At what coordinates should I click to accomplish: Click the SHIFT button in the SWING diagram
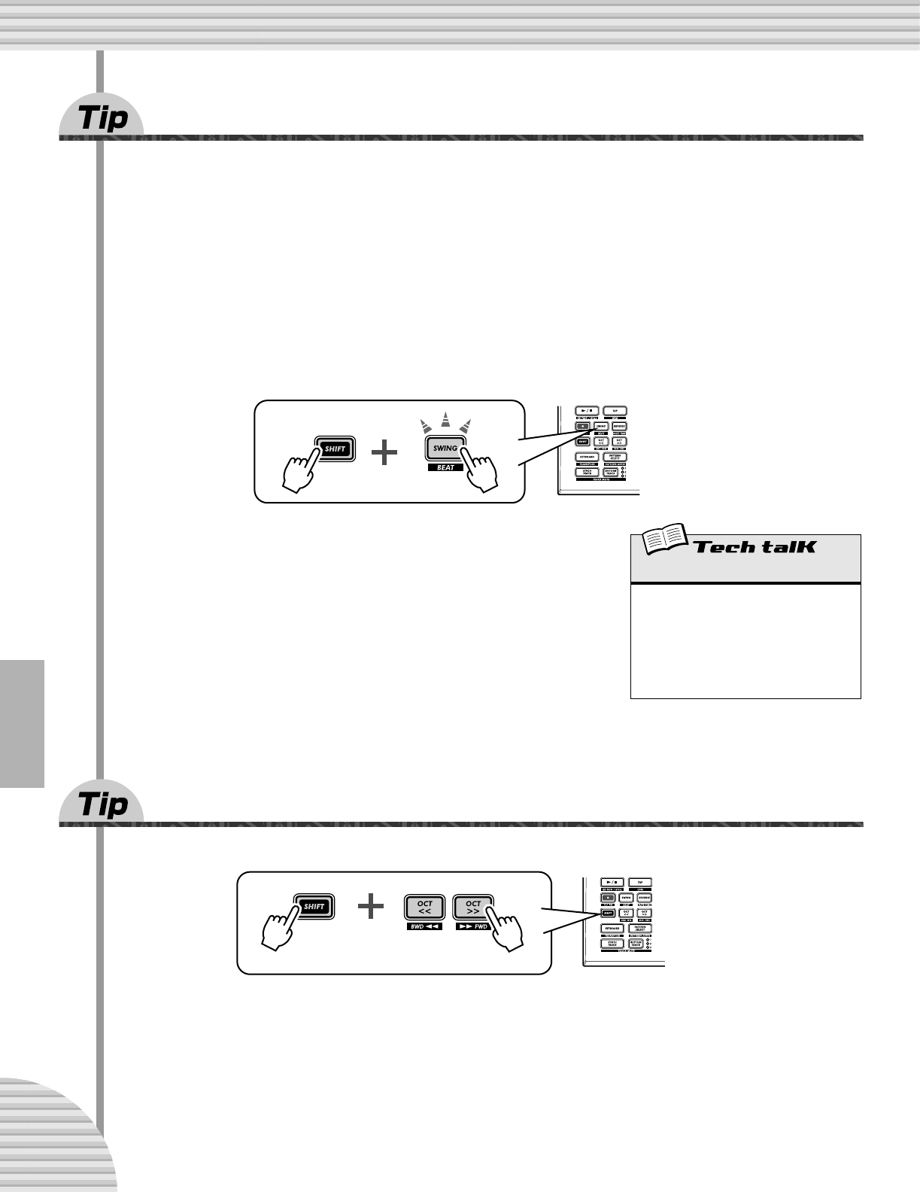tap(334, 449)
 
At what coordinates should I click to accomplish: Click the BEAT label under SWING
tap(445, 468)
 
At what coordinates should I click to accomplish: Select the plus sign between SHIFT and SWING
tap(384, 452)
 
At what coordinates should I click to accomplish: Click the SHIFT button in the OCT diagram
tap(314, 907)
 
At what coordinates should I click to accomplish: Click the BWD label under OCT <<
tap(425, 927)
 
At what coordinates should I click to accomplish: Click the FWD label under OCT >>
tap(472, 927)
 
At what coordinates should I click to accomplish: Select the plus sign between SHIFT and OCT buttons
tap(371, 907)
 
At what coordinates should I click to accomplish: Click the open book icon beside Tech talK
tap(663, 541)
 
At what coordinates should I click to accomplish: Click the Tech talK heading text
tap(755, 547)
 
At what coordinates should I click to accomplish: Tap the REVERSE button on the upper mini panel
tap(618, 426)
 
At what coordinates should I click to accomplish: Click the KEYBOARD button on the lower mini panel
tap(612, 929)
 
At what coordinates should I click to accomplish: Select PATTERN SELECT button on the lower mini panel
tap(641, 929)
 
